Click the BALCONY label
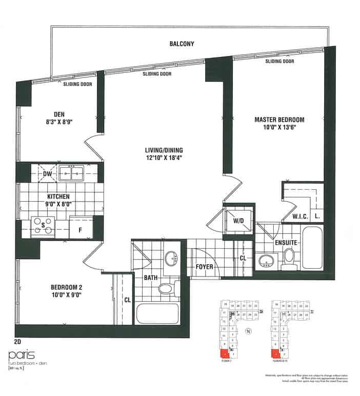tap(182, 44)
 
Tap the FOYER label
tap(205, 266)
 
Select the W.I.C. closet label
tap(300, 216)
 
